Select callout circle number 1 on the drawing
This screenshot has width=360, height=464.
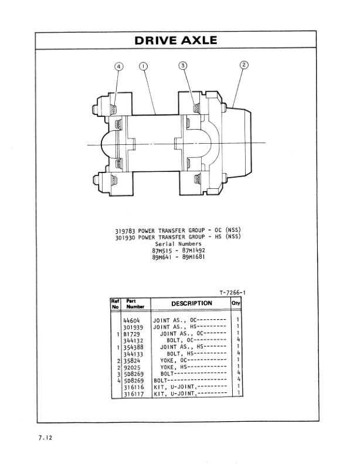coord(142,67)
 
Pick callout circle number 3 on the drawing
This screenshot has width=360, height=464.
coord(183,66)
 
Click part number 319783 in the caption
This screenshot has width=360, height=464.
coord(127,229)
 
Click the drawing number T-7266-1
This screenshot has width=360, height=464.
coord(232,292)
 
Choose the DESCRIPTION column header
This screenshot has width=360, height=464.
coord(191,303)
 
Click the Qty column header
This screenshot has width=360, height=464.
coord(237,303)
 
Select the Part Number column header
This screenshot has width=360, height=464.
coord(135,303)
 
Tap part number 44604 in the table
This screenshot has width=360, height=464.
coord(131,321)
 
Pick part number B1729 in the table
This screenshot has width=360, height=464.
coord(133,333)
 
